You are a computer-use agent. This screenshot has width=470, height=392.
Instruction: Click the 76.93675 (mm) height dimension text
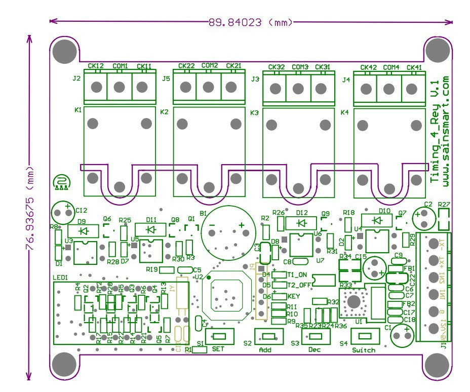pos(30,208)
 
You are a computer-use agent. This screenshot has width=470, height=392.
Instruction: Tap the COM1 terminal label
pos(120,66)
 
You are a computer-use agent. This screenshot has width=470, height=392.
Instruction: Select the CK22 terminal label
pos(186,66)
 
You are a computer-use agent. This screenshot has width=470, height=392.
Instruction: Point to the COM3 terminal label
pos(300,67)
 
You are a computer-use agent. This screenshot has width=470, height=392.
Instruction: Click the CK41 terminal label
pos(414,68)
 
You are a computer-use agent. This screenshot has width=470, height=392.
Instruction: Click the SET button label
pos(218,349)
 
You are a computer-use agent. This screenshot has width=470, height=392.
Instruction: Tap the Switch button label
pos(364,350)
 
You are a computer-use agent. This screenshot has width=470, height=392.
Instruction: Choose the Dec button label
pos(315,350)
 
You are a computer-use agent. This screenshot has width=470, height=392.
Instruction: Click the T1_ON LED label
pos(297,275)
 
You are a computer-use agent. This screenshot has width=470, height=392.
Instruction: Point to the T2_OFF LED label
pos(299,285)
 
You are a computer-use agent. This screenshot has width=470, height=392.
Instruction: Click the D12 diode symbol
pos(302,223)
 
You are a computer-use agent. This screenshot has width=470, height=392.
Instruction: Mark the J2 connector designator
pos(76,79)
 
